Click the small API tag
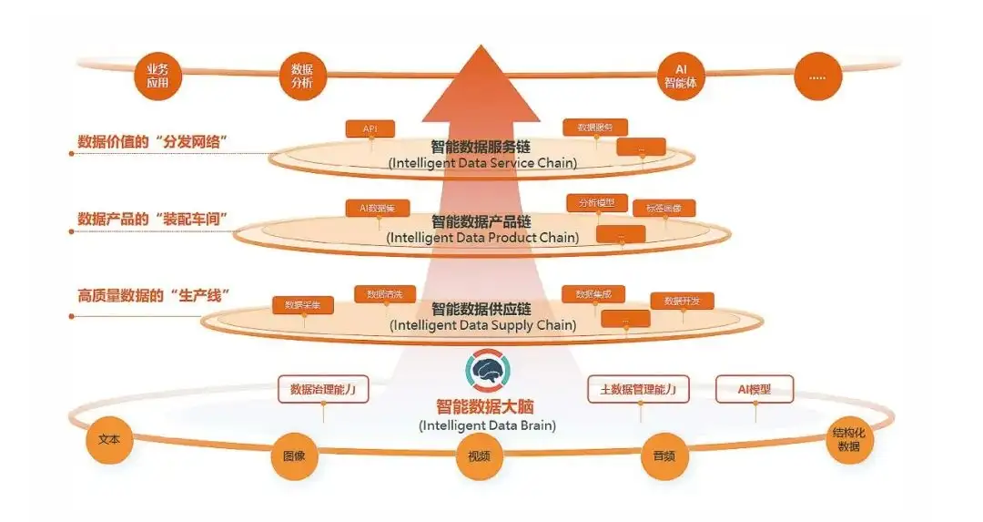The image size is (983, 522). (370, 129)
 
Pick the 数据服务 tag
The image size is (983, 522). (595, 128)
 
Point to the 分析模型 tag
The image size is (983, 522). (597, 202)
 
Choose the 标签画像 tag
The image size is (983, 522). (664, 208)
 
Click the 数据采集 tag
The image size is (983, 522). (303, 305)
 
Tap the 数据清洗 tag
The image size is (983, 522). (384, 294)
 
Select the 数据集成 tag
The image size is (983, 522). (593, 293)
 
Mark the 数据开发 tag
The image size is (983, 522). (682, 301)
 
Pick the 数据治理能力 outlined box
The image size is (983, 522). (322, 390)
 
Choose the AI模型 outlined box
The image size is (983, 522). (755, 389)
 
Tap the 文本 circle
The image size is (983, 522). (110, 439)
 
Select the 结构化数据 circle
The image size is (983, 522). (848, 440)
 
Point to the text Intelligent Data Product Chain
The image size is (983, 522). (482, 238)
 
